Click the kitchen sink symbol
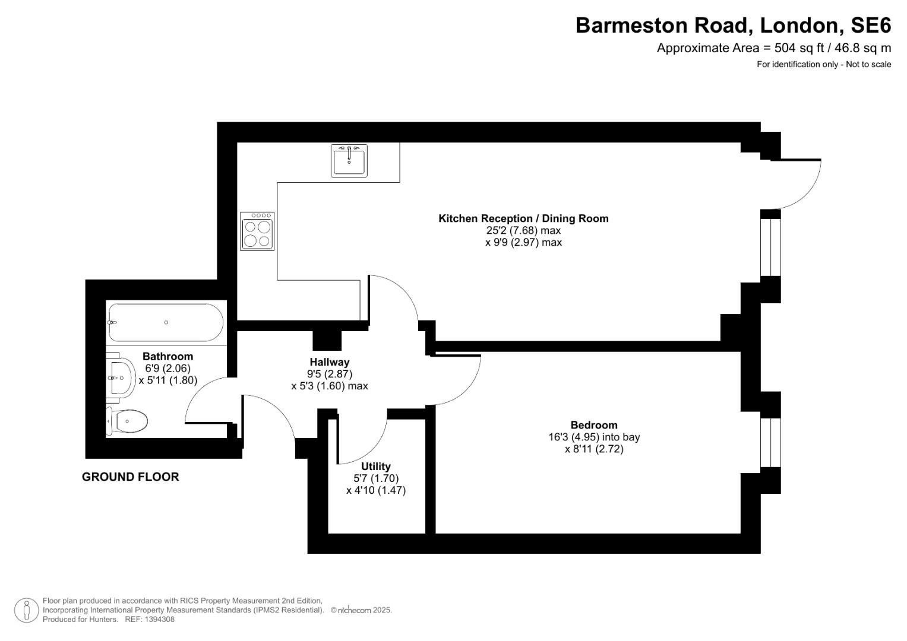click(349, 160)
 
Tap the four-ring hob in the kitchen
click(257, 231)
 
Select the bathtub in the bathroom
click(166, 322)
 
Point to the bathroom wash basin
click(121, 377)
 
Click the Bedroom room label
click(593, 425)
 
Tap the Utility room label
click(375, 467)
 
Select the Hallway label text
click(330, 362)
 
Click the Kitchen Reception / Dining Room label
click(523, 218)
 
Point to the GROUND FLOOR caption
click(130, 477)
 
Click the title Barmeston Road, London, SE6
click(733, 26)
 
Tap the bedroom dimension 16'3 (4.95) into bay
click(593, 437)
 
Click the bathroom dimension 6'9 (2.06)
click(168, 368)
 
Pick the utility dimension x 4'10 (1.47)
click(375, 491)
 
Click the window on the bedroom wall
click(770, 442)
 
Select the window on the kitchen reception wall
click(770, 247)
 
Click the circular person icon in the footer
click(26, 610)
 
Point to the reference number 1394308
click(157, 620)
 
